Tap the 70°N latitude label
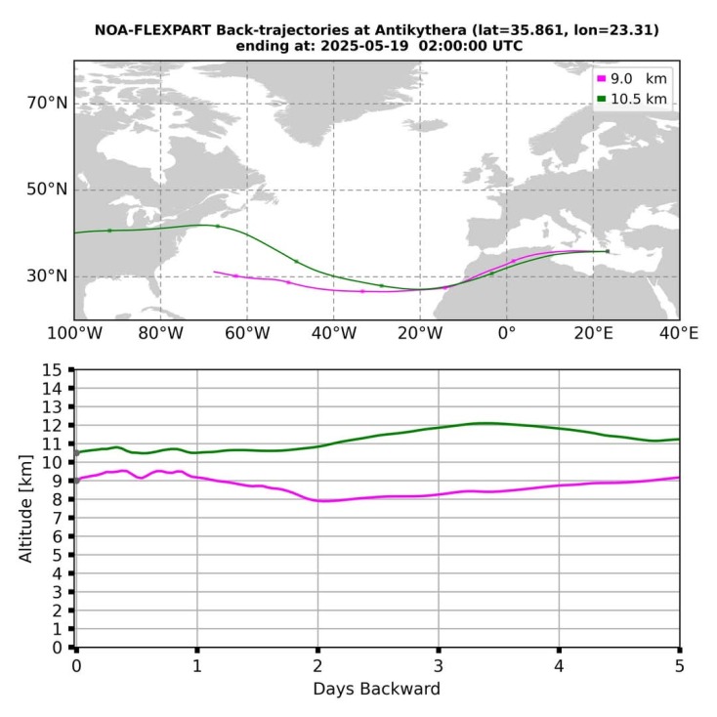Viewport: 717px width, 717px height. pos(47,103)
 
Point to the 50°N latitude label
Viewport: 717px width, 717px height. pos(47,190)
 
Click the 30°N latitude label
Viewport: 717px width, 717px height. pos(47,276)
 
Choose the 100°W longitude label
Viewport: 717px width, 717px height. pos(74,333)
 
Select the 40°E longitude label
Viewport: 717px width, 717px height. pos(679,333)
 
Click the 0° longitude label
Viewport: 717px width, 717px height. pos(506,333)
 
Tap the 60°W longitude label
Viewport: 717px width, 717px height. pos(247,333)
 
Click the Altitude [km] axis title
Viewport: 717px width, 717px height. pos(26,508)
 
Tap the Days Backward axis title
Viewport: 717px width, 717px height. pos(376,689)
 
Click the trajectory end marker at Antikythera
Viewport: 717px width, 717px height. pos(607,251)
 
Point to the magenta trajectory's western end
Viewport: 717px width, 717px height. pos(215,272)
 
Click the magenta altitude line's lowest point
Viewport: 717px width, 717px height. pos(322,501)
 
